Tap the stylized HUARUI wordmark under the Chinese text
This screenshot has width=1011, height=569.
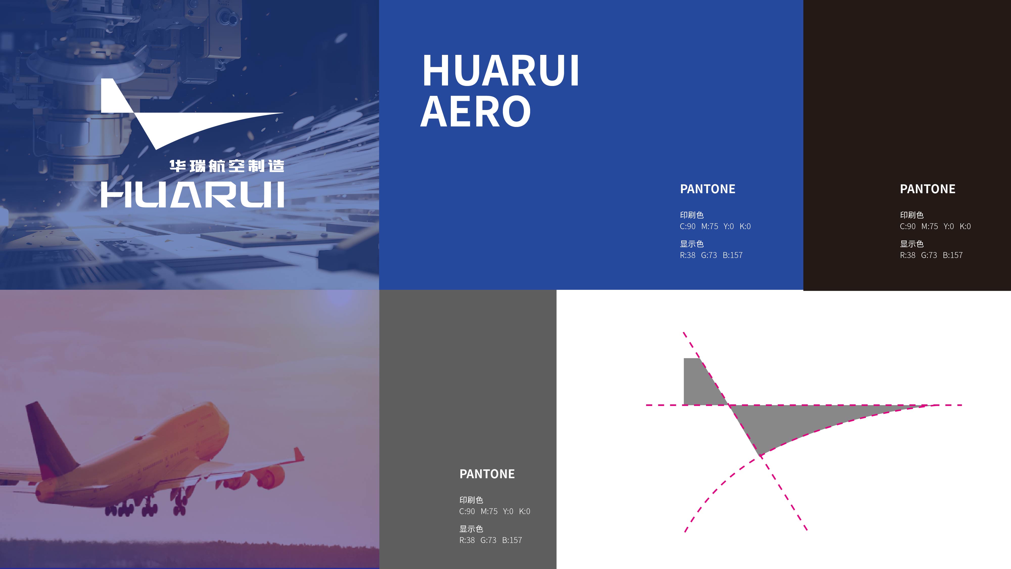click(x=192, y=194)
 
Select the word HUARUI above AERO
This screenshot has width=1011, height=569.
click(x=500, y=71)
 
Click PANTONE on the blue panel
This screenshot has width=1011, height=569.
click(x=708, y=189)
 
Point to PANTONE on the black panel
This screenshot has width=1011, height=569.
click(x=927, y=189)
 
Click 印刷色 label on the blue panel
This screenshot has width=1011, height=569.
click(x=692, y=215)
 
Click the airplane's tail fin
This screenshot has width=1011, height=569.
click(x=49, y=436)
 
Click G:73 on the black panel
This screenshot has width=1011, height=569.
click(x=929, y=255)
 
